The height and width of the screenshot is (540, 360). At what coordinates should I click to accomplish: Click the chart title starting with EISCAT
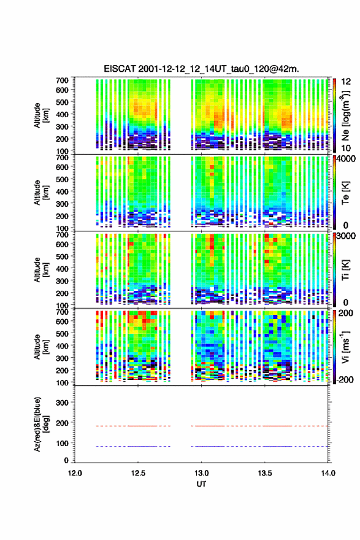(x=201, y=69)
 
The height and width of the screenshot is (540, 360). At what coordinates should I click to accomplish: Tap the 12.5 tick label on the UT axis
(x=138, y=473)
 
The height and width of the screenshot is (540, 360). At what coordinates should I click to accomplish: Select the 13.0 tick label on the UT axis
(x=201, y=473)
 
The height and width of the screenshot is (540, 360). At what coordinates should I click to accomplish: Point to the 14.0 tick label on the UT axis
(x=328, y=473)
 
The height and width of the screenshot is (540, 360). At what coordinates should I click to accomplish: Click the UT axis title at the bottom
(x=201, y=484)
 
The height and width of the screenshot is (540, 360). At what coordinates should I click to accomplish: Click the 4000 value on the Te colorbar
(x=346, y=160)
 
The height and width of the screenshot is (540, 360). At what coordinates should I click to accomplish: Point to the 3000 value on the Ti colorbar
(x=346, y=236)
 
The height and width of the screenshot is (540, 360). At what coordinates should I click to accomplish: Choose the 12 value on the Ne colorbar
(x=346, y=82)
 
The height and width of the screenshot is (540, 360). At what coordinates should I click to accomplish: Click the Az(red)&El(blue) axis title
(x=42, y=424)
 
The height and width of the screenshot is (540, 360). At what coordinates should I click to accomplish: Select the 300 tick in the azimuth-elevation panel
(x=63, y=403)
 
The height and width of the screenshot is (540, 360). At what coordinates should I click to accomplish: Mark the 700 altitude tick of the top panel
(x=63, y=80)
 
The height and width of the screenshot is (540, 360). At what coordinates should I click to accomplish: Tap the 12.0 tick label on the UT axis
(x=75, y=473)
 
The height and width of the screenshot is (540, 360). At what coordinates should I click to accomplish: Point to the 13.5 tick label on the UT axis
(x=265, y=473)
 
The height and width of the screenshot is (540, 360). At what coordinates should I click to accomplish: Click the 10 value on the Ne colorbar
(x=346, y=148)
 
